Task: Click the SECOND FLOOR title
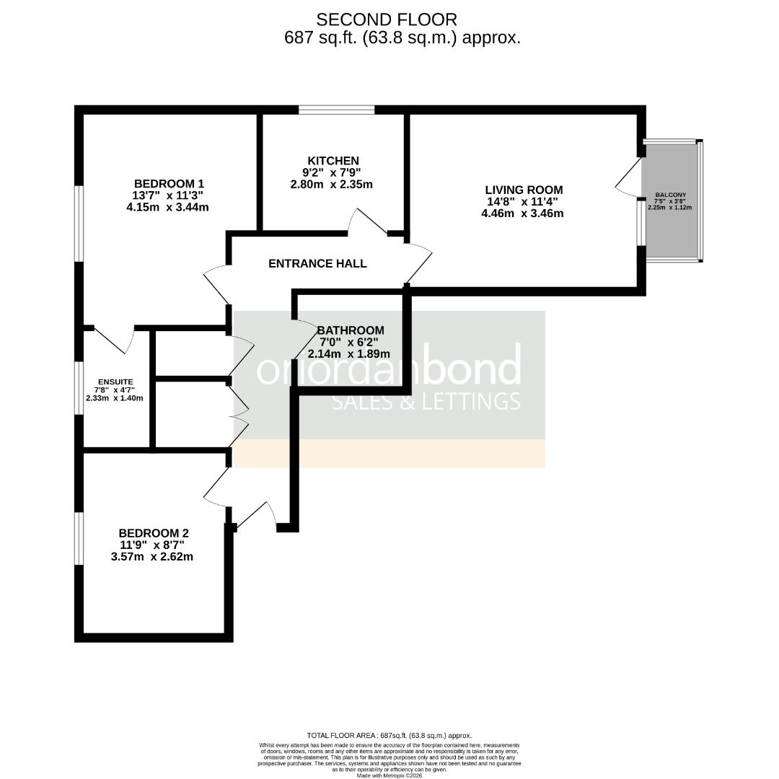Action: click(387, 19)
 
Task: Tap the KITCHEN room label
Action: click(333, 161)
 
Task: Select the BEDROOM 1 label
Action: click(170, 183)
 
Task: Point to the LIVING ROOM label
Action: click(524, 190)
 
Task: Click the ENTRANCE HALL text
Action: click(317, 264)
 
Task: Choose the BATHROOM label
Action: click(351, 330)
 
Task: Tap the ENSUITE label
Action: click(116, 382)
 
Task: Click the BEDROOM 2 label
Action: click(154, 533)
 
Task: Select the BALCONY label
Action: click(671, 195)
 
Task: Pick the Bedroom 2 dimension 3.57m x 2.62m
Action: click(151, 557)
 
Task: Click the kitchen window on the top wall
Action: click(337, 110)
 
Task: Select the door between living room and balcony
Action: click(629, 177)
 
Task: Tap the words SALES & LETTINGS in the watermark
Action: click(426, 401)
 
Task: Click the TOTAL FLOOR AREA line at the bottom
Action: click(389, 735)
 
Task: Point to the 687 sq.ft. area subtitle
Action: click(402, 38)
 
